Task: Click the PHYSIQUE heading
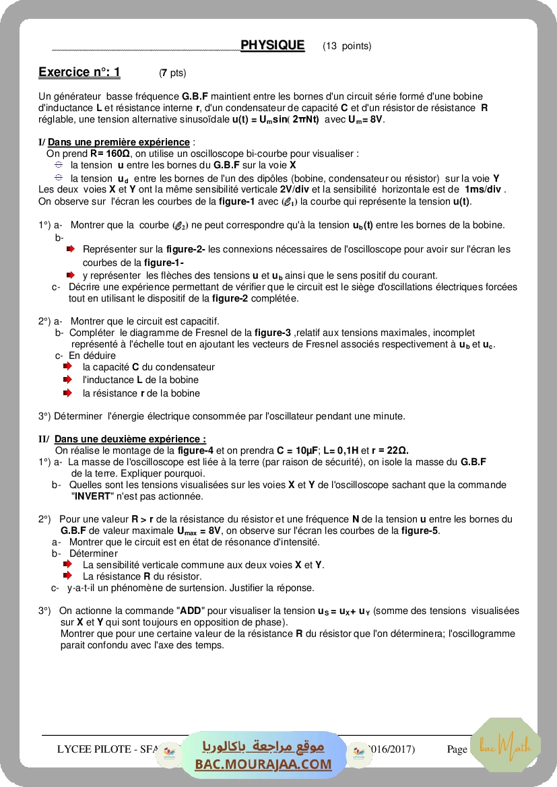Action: (272, 45)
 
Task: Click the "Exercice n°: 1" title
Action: (79, 72)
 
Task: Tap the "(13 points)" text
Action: (347, 46)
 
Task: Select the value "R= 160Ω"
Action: (112, 153)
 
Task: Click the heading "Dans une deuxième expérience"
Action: (130, 439)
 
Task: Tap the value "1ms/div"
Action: (484, 189)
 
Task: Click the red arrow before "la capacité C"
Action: (67, 366)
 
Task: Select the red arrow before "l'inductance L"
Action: (67, 379)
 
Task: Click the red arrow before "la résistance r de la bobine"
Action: (67, 392)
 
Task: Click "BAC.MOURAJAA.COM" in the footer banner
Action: (263, 764)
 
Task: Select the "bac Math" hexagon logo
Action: (505, 745)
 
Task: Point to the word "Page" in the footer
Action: (457, 749)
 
